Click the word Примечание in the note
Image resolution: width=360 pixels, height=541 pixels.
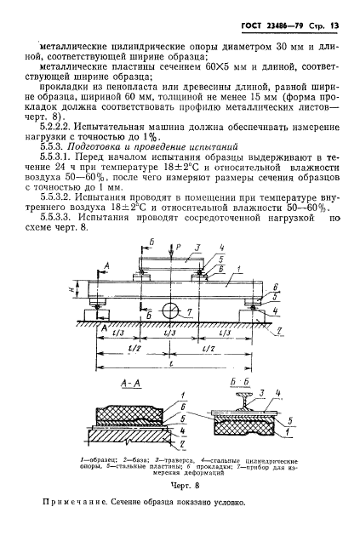78,525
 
